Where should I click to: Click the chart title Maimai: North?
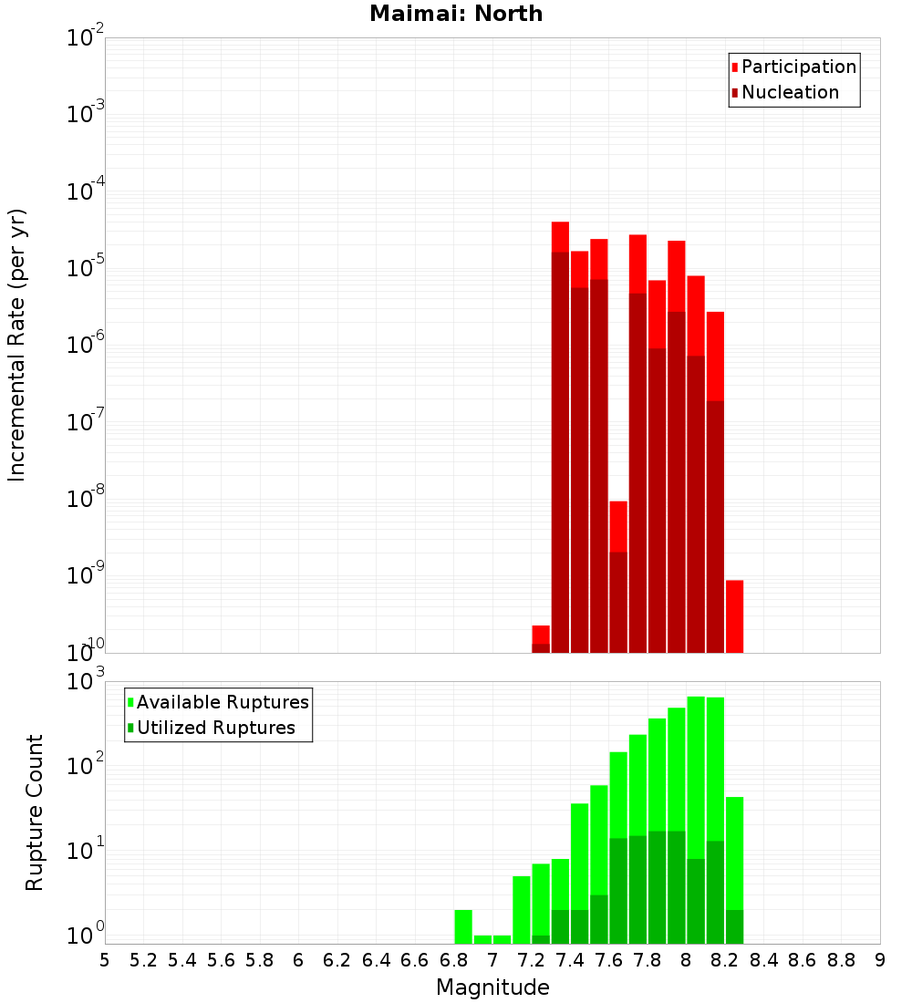tap(456, 14)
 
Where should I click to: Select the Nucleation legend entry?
tap(790, 93)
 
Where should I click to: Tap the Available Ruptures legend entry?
tap(222, 703)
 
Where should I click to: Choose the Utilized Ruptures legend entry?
tap(215, 729)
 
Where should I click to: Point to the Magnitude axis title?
tap(492, 987)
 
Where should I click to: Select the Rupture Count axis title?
tap(35, 812)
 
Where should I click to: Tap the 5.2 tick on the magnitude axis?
tap(144, 960)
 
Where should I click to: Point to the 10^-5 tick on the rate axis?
tap(86, 268)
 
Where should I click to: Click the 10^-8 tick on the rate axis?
tap(86, 499)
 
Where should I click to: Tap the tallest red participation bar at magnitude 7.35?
tap(560, 235)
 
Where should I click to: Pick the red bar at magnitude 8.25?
tap(735, 616)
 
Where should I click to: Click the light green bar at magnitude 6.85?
tap(463, 926)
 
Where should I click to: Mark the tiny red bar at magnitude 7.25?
tap(541, 634)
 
